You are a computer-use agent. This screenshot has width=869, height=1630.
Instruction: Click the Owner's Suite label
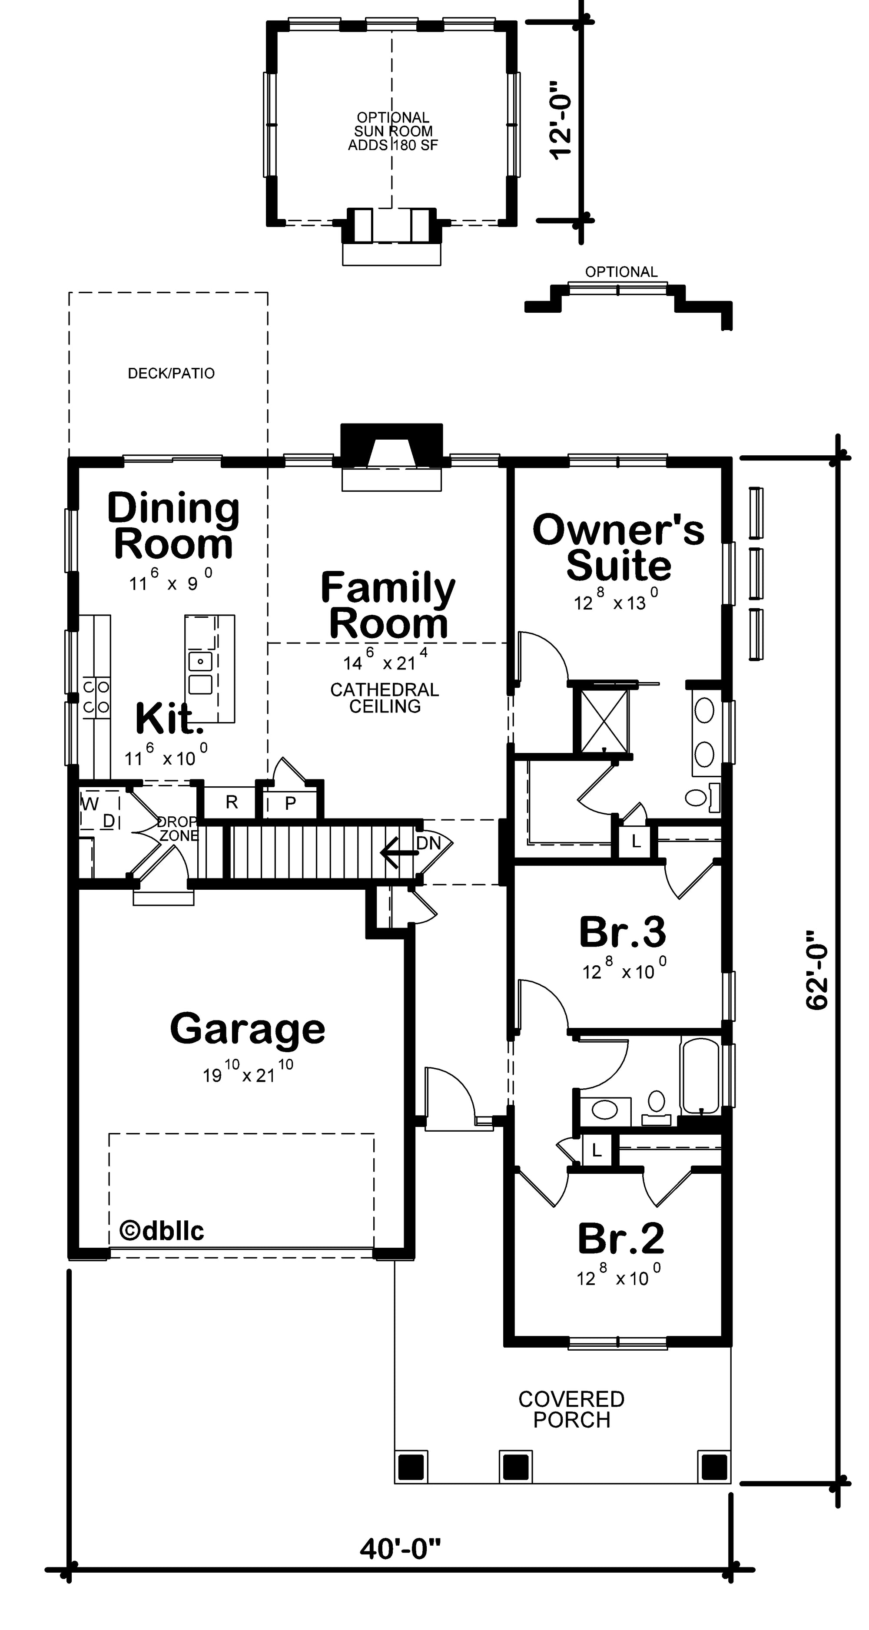pyautogui.click(x=618, y=547)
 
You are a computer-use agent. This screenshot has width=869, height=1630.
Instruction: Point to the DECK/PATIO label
pyautogui.click(x=171, y=373)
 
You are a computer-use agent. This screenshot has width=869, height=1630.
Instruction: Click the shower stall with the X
pyautogui.click(x=600, y=721)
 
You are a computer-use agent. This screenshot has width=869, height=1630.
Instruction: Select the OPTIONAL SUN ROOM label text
pyautogui.click(x=393, y=131)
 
